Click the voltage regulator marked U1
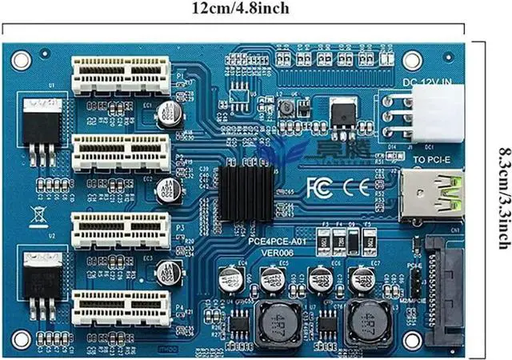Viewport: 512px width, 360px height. coord(42,124)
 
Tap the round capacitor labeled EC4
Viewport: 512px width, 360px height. coord(231,279)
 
